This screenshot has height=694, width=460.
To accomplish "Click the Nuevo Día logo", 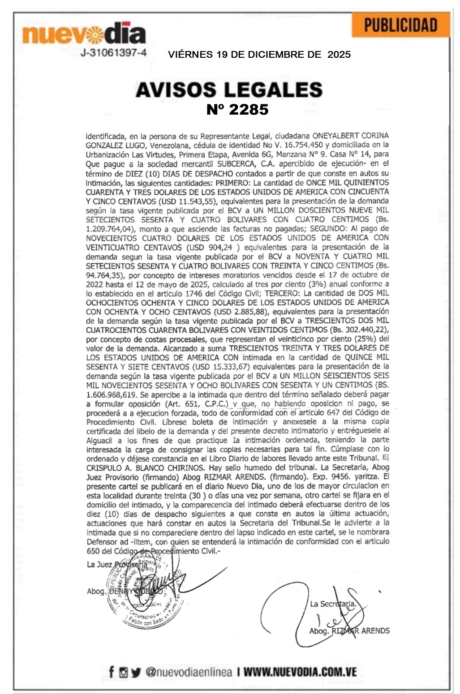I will click(x=84, y=34).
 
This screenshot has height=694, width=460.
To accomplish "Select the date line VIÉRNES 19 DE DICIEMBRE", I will click(x=259, y=55).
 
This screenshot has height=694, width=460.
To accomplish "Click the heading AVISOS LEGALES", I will click(x=229, y=90).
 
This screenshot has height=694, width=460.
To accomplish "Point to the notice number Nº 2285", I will click(x=237, y=110).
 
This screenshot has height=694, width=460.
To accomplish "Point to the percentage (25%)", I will click(x=366, y=339).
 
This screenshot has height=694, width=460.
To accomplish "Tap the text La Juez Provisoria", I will click(x=117, y=565).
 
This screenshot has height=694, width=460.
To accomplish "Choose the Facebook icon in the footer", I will click(x=112, y=672).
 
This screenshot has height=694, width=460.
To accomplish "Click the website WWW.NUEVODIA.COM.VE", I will click(x=300, y=672).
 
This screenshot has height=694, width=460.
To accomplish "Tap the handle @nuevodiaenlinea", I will click(x=189, y=672).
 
